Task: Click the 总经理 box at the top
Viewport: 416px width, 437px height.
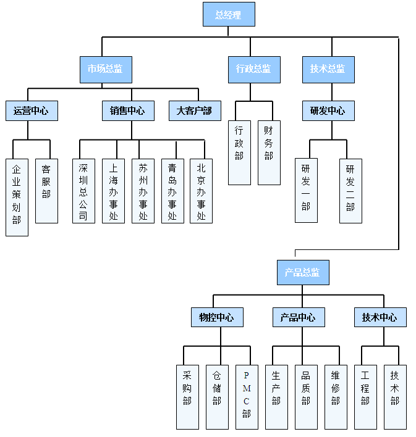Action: point(229,14)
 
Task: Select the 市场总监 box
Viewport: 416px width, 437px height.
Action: point(106,69)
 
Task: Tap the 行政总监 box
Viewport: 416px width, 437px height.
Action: point(253,69)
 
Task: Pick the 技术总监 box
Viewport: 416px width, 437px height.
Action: point(328,69)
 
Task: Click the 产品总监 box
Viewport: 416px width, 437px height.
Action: point(303,272)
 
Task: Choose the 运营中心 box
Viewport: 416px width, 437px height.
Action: point(32,110)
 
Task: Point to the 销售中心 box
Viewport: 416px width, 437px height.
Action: point(128,110)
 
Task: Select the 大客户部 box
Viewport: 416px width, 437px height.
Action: point(194,110)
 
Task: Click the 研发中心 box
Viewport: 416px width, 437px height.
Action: point(328,110)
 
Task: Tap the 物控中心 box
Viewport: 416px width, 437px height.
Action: point(217,317)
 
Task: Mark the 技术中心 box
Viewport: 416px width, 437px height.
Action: point(380,317)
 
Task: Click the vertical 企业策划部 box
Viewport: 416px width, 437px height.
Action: point(17,197)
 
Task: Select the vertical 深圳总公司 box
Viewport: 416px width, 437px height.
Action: point(83,191)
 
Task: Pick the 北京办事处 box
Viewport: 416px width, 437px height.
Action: point(201,191)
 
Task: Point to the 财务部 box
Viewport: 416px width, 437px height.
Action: point(269,152)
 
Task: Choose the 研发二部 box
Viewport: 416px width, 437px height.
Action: point(350,190)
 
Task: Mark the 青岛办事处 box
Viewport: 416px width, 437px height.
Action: point(172,191)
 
